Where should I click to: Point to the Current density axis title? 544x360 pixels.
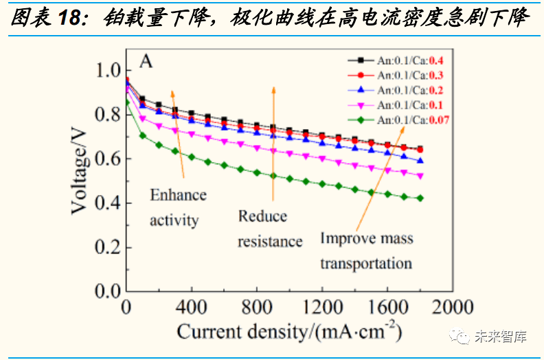pyautogui.click(x=289, y=332)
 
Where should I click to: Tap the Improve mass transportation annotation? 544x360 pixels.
pyautogui.click(x=366, y=251)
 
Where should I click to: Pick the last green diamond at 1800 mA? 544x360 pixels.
pyautogui.click(x=420, y=198)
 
